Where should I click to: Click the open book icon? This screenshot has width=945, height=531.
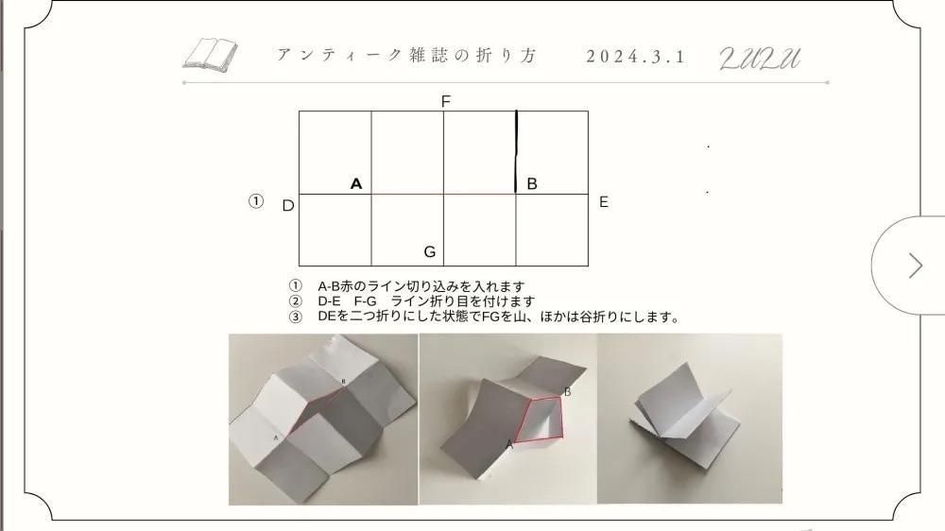pyautogui.click(x=211, y=55)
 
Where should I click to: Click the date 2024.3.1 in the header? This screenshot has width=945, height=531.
pyautogui.click(x=636, y=57)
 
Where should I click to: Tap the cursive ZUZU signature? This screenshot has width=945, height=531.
pyautogui.click(x=760, y=59)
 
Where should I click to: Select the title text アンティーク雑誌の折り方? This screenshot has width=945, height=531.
pyautogui.click(x=406, y=56)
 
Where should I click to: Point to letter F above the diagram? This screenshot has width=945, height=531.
pyautogui.click(x=446, y=101)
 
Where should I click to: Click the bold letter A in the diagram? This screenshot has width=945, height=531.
pyautogui.click(x=356, y=184)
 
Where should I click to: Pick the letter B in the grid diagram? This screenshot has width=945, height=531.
pyautogui.click(x=531, y=184)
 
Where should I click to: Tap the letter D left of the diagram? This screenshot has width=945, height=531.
pyautogui.click(x=288, y=206)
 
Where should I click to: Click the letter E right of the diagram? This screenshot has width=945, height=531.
pyautogui.click(x=603, y=202)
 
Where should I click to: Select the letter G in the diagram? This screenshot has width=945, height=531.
pyautogui.click(x=430, y=251)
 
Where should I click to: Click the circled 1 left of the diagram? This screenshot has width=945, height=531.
pyautogui.click(x=256, y=200)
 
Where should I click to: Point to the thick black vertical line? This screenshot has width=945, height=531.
pyautogui.click(x=516, y=151)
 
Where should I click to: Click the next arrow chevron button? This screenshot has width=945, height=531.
pyautogui.click(x=916, y=265)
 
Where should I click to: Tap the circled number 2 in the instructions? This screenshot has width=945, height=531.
pyautogui.click(x=295, y=300)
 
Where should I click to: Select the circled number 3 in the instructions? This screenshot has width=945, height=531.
pyautogui.click(x=295, y=317)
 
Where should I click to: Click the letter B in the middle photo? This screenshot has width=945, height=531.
pyautogui.click(x=567, y=392)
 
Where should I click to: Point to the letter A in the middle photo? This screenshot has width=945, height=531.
pyautogui.click(x=509, y=445)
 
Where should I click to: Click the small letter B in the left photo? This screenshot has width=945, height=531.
pyautogui.click(x=344, y=382)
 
